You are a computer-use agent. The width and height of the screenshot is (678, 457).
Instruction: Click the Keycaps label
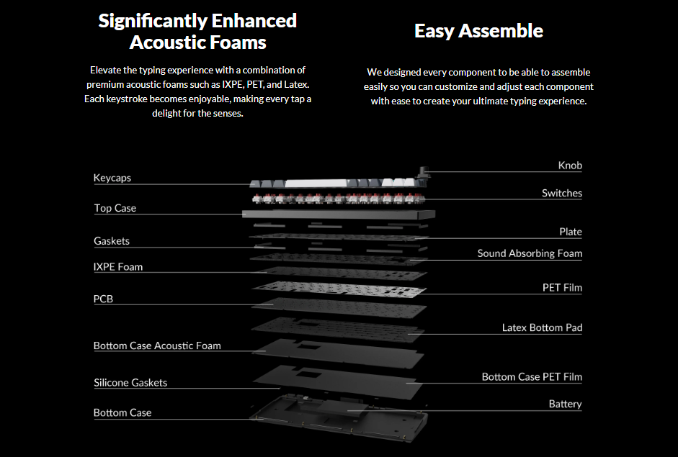112,178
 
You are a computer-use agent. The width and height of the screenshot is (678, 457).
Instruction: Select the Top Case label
115,208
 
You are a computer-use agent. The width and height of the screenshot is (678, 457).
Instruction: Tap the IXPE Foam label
118,267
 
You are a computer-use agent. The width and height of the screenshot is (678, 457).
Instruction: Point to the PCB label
103,299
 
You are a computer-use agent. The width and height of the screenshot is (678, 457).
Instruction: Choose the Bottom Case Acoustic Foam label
157,345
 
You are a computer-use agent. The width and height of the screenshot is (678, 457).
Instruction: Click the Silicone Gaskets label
130,383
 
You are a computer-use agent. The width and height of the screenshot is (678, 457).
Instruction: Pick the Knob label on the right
570,166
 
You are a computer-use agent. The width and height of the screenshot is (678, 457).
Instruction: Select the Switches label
562,193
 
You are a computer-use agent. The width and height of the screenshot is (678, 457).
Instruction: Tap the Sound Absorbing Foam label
530,253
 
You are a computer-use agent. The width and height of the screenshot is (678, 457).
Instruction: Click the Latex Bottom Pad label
542,328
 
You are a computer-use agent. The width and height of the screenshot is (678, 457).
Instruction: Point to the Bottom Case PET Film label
532,377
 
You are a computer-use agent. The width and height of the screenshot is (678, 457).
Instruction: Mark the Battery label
565,404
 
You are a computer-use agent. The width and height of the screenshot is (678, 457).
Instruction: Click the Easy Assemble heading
478,31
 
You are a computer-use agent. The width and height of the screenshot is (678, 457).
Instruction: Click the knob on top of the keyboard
424,172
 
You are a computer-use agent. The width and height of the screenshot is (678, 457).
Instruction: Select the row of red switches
339,199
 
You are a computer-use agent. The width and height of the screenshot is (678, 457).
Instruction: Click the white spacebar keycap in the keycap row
316,184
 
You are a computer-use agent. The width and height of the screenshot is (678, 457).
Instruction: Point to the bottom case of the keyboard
339,417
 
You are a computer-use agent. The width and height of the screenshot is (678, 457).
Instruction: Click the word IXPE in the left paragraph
233,84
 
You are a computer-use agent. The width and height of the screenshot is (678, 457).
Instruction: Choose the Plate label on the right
571,232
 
